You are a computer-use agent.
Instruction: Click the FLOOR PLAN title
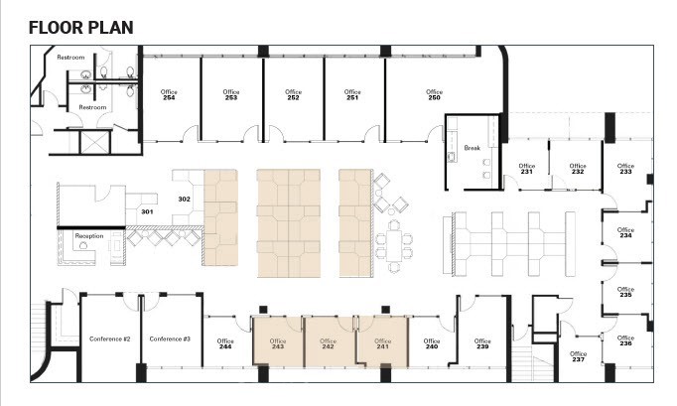pos(80,27)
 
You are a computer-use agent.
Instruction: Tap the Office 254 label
pos(169,94)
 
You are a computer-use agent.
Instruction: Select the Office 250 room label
pos(434,94)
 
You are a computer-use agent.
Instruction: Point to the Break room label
pos(472,148)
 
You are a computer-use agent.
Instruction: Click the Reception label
pos(89,236)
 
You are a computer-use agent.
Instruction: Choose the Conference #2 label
pos(109,338)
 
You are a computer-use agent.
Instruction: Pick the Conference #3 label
pos(170,338)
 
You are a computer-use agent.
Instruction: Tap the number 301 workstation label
pos(147,211)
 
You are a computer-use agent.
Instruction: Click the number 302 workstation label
pos(185,200)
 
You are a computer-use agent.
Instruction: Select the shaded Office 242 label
pos(328,343)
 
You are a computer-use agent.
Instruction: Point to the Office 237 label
pos(578,356)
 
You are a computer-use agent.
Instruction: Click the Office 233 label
pos(625,169)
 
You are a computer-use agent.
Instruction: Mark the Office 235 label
pos(625,292)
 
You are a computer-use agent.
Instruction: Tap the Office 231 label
pos(527,169)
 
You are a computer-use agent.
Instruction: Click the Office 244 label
pos(225,343)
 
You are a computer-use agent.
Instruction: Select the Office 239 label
pos(482,343)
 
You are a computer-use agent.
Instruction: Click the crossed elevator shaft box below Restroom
pos(95,142)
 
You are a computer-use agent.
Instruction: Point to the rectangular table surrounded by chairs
pos(394,245)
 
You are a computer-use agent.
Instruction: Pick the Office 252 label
pos(293,94)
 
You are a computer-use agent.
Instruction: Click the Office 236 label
pos(625,340)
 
